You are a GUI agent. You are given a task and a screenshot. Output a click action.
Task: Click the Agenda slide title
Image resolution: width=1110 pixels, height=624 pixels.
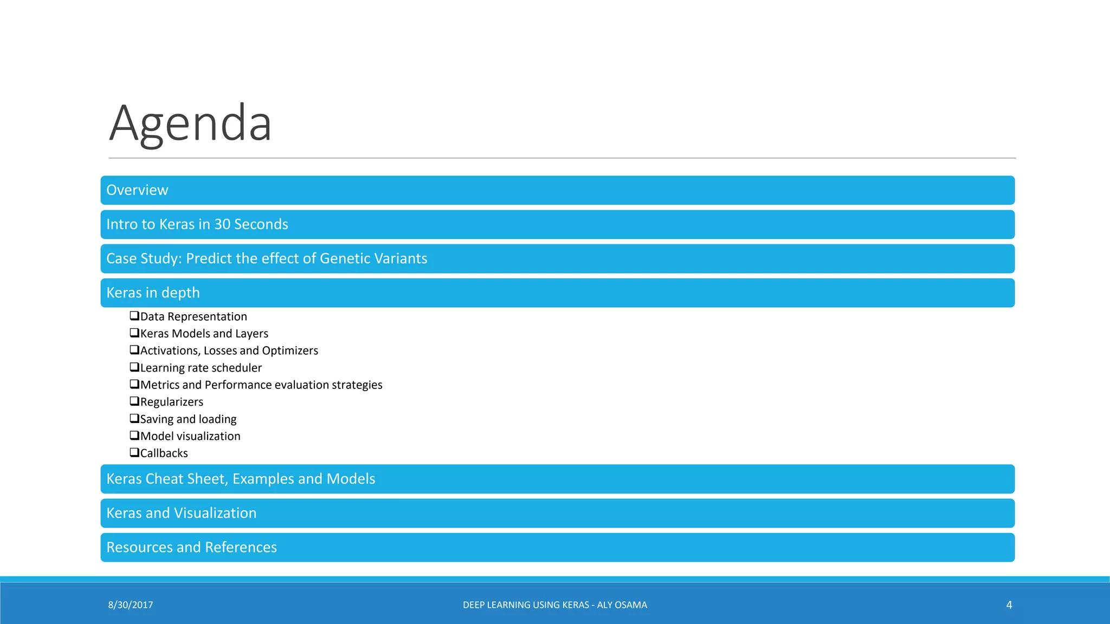190,123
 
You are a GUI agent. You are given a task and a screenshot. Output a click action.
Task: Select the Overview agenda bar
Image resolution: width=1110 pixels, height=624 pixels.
557,190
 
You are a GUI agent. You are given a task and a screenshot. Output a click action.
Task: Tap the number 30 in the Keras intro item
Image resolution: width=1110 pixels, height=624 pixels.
222,224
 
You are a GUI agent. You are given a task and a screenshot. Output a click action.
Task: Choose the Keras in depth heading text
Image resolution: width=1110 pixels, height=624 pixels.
153,293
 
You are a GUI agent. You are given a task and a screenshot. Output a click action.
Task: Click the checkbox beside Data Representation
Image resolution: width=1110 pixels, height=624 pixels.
134,316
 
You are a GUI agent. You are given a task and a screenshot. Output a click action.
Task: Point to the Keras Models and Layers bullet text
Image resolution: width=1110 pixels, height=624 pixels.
204,334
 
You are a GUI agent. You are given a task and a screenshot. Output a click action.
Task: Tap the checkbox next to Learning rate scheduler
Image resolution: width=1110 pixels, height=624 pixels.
134,367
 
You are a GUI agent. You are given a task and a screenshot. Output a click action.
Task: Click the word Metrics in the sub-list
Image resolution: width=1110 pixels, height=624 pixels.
159,385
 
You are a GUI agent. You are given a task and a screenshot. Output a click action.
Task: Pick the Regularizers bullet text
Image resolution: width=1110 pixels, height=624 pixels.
171,402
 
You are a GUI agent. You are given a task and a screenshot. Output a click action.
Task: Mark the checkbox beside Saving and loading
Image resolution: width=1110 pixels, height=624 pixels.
134,419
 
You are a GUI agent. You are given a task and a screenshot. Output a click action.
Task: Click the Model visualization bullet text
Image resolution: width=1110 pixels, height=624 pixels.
190,436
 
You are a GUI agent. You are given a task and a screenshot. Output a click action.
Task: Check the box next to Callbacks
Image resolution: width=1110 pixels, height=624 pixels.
134,453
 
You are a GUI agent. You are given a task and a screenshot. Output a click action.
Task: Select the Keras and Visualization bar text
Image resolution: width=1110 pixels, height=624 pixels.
181,513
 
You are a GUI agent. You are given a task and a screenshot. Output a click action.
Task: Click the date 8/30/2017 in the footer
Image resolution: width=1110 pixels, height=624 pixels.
130,605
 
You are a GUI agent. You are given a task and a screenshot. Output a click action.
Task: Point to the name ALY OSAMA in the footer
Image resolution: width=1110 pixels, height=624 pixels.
622,605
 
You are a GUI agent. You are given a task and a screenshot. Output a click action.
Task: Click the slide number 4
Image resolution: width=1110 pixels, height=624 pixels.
1009,605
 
